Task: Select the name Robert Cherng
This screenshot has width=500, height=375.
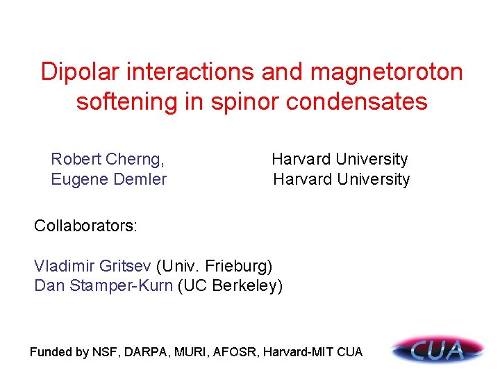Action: [x=108, y=159]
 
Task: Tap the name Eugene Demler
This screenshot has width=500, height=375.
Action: [x=109, y=179]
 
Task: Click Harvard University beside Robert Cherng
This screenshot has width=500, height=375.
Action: [x=340, y=159]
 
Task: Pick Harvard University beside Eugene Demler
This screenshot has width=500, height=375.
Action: [x=341, y=179]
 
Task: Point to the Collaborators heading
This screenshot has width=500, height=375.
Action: [x=86, y=226]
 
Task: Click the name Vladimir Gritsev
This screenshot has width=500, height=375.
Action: [x=93, y=265]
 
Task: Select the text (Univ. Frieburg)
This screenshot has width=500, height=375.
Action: [x=215, y=265]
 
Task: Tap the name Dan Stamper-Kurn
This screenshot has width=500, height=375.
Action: [x=103, y=285]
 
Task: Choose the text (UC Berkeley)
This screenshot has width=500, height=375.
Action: [x=231, y=285]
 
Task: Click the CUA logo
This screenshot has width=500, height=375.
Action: [x=437, y=349]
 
